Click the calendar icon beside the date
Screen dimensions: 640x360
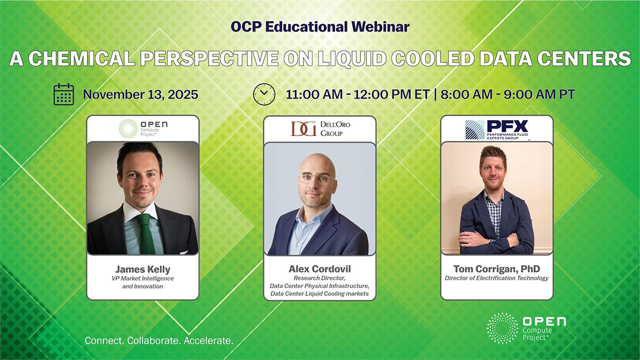tap(63, 94)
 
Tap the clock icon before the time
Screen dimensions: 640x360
tap(265, 94)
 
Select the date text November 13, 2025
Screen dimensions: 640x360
tap(141, 94)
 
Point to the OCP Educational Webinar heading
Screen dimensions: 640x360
tap(320, 27)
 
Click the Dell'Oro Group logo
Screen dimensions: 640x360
tap(321, 129)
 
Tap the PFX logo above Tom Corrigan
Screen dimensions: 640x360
tap(497, 130)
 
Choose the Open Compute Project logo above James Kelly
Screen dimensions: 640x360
tap(143, 129)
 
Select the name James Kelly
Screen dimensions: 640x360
tap(143, 269)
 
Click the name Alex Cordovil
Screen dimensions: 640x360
tap(319, 269)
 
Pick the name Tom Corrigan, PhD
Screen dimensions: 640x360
tap(497, 269)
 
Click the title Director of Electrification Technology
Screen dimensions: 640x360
tap(497, 278)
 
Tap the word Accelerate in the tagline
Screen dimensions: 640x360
tap(209, 341)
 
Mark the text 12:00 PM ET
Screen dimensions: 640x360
tap(391, 94)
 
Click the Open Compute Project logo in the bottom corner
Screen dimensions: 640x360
tap(526, 328)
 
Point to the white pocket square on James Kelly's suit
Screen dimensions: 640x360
tap(183, 253)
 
